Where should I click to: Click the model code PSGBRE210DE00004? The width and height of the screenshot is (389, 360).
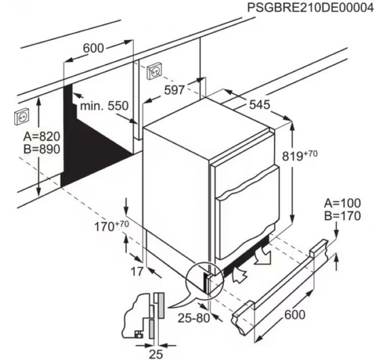[311, 7]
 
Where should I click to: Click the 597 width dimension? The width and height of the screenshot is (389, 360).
[174, 90]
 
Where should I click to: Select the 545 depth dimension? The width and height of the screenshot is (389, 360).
[259, 105]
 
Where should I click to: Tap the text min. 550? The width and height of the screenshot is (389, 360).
[104, 106]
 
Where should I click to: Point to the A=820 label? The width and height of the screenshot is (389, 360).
[42, 136]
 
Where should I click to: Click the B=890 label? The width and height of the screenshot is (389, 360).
[42, 149]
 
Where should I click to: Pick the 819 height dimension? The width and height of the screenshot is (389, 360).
[300, 155]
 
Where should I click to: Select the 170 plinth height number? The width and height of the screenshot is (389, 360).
[112, 226]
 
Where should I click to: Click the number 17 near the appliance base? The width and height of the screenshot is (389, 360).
[137, 271]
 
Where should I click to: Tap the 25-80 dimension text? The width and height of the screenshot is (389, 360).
[194, 318]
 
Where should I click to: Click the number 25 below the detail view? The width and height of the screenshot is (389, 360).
[156, 354]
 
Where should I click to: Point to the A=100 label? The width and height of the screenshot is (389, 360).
[343, 203]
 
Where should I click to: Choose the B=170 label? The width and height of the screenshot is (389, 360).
[343, 216]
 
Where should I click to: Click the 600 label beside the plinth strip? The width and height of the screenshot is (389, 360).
[295, 315]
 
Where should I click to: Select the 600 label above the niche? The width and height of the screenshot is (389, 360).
[93, 48]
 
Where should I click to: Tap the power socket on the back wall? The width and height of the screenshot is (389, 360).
[156, 71]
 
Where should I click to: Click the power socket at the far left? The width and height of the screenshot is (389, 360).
[22, 117]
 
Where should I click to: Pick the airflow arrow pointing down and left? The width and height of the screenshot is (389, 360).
[263, 255]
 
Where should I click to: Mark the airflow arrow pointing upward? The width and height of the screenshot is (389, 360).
[240, 274]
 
